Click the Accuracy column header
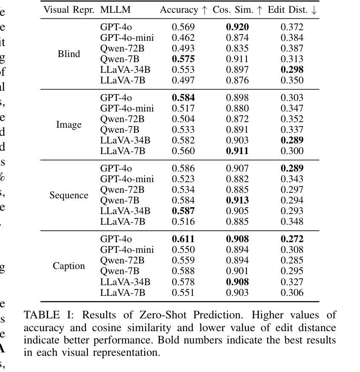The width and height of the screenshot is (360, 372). point(183,10)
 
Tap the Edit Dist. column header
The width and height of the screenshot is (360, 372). point(292,10)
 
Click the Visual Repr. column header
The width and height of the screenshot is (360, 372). point(69,10)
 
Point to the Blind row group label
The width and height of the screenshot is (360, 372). point(69,54)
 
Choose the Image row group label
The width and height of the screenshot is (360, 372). point(69,125)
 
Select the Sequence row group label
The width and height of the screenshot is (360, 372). point(69,195)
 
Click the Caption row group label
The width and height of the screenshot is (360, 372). point(69,266)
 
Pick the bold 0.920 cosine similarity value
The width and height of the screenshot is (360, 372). point(237,27)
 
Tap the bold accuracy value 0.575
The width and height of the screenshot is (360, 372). point(183,59)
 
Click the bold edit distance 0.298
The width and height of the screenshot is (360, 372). point(292,69)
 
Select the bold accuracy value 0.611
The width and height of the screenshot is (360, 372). point(183,239)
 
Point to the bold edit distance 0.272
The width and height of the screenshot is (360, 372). point(292,239)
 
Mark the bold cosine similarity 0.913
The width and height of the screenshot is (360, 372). point(237,200)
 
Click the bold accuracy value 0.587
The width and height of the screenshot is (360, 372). point(183,211)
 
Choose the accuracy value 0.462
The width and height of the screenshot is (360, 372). point(183,38)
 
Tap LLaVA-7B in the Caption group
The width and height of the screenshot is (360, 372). point(123,292)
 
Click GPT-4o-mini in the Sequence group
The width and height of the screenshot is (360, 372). point(127,179)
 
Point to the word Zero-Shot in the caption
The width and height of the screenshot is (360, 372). point(163,315)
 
